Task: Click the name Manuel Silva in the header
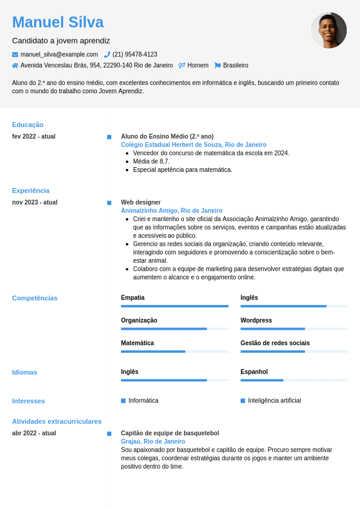pyautogui.click(x=57, y=22)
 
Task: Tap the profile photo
pyautogui.click(x=329, y=30)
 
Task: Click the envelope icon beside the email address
pyautogui.click(x=15, y=54)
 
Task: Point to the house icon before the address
pyautogui.click(x=15, y=65)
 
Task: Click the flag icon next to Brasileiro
pyautogui.click(x=218, y=65)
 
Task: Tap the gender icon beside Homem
pyautogui.click(x=182, y=65)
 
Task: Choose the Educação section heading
pyautogui.click(x=28, y=125)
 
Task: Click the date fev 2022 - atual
pyautogui.click(x=34, y=136)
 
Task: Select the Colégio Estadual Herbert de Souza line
pyautogui.click(x=194, y=145)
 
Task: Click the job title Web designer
pyautogui.click(x=141, y=202)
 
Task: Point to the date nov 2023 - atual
pyautogui.click(x=35, y=202)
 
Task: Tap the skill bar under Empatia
pyautogui.click(x=174, y=306)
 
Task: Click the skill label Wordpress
pyautogui.click(x=256, y=320)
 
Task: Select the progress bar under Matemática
pyautogui.click(x=174, y=352)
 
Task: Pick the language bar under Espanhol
pyautogui.click(x=294, y=380)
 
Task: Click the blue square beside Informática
pyautogui.click(x=123, y=401)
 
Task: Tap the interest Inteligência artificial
pyautogui.click(x=274, y=401)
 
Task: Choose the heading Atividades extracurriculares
pyautogui.click(x=57, y=421)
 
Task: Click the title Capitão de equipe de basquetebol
pyautogui.click(x=170, y=433)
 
